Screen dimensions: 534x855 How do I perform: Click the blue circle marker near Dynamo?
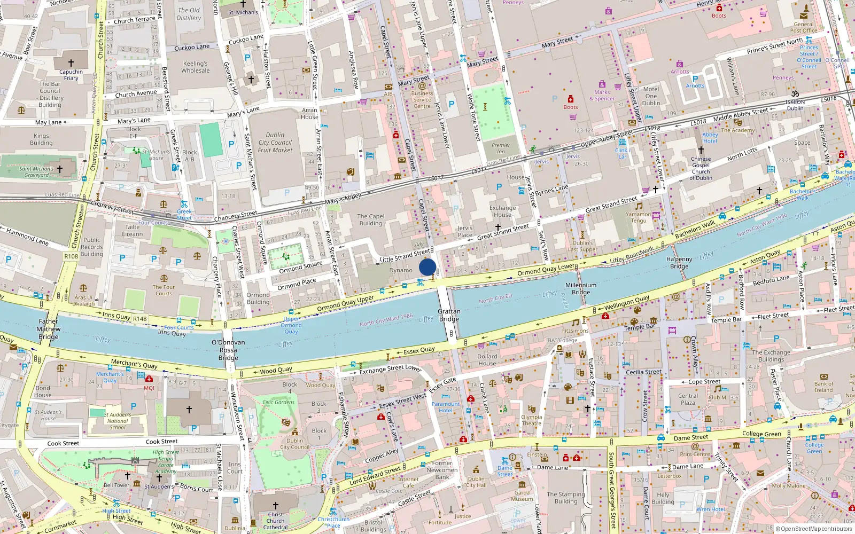click(428, 267)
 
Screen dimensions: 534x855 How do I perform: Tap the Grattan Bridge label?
click(449, 315)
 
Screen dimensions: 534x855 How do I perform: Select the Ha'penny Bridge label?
click(679, 262)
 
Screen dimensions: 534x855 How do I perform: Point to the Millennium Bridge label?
click(581, 288)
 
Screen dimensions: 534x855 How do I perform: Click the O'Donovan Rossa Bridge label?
click(228, 350)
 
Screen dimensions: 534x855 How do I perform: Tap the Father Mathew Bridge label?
click(48, 329)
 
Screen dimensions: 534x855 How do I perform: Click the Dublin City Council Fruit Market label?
click(275, 143)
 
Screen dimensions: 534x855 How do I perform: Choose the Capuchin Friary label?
click(71, 75)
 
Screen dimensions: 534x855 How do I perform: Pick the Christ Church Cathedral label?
click(275, 521)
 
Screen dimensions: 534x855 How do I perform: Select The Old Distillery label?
click(189, 14)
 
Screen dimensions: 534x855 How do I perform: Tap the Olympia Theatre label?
click(531, 420)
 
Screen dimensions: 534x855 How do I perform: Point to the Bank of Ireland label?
click(823, 387)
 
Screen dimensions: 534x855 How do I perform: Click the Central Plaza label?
click(688, 399)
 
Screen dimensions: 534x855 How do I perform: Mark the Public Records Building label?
click(92, 247)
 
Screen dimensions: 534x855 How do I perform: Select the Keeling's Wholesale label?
click(196, 67)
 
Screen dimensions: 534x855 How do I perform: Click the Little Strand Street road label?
click(405, 255)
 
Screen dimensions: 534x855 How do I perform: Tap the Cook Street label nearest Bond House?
click(63, 443)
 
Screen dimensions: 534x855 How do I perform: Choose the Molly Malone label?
click(788, 485)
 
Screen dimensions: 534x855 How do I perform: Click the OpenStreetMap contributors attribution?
click(813, 529)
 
